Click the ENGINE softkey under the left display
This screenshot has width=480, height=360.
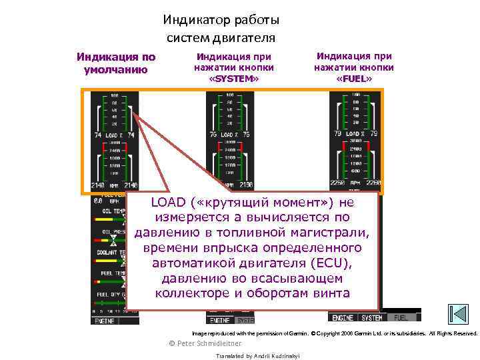[x=106, y=321]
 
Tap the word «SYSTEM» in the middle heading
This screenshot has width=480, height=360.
[x=233, y=79]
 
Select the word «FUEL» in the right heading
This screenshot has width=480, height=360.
[x=354, y=79]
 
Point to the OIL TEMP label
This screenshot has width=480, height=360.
[x=109, y=211]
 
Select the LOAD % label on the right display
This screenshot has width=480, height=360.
[x=355, y=135]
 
